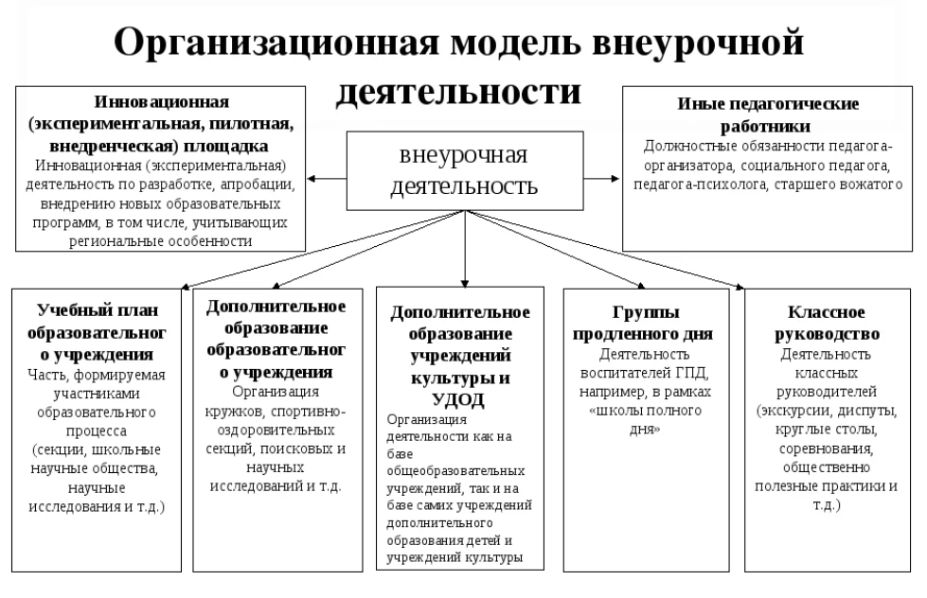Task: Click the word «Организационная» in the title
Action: click(x=276, y=44)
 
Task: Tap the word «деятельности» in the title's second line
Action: click(x=459, y=92)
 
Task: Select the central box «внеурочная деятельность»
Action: click(x=465, y=170)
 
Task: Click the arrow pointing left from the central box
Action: click(x=327, y=179)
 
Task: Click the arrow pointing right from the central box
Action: click(x=602, y=179)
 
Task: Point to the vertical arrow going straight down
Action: click(x=465, y=249)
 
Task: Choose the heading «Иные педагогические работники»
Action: click(x=767, y=114)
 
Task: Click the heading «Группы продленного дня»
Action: click(x=643, y=323)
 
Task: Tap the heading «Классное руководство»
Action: click(x=827, y=323)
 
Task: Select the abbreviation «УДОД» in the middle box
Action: click(x=459, y=400)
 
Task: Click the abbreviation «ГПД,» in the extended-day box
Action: click(x=692, y=373)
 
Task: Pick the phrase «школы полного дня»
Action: click(x=646, y=419)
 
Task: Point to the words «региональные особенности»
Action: click(x=160, y=241)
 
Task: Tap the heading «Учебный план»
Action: click(x=98, y=310)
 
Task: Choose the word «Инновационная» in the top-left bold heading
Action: click(x=161, y=101)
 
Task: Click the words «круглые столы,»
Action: click(x=827, y=430)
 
